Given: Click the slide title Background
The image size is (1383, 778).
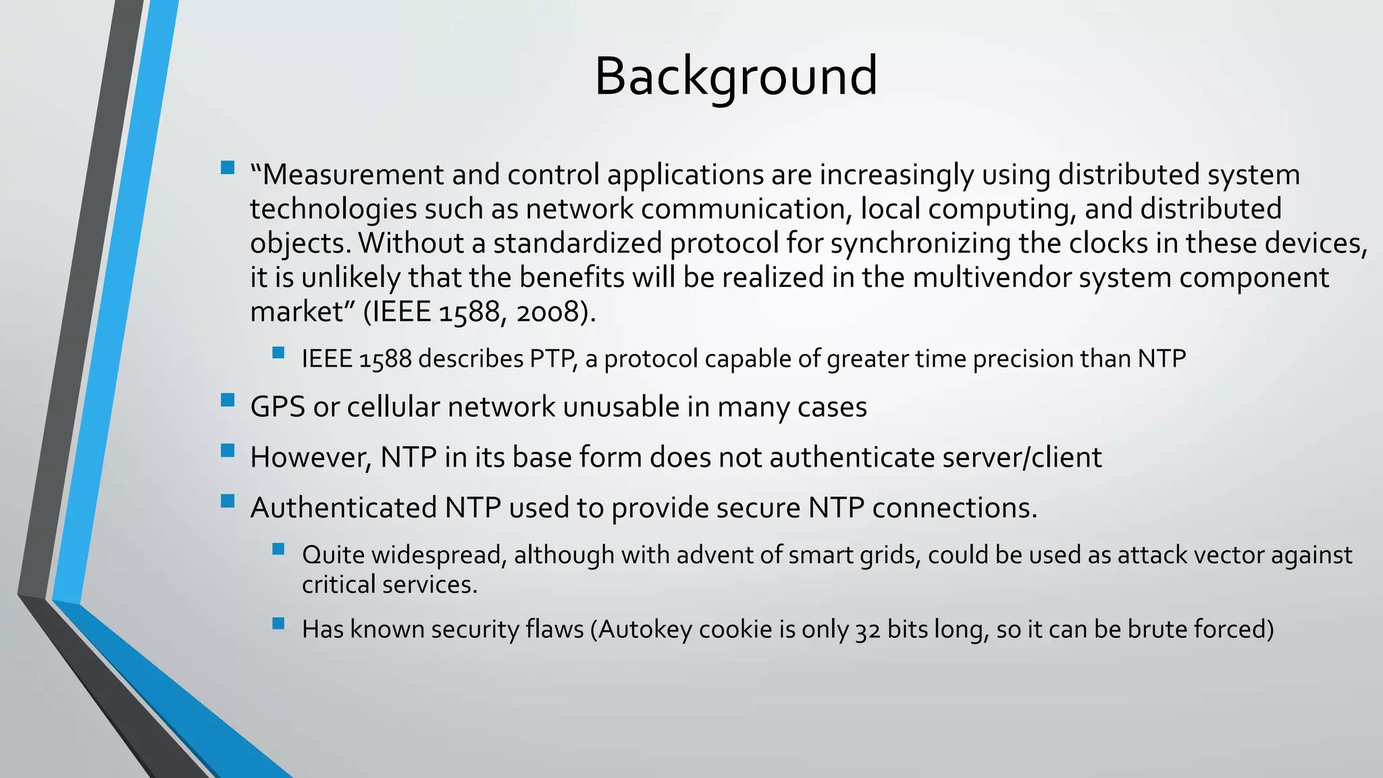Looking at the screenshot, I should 735,76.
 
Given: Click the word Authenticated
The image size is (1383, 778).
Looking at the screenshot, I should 343,508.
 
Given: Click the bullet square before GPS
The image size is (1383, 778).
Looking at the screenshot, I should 228,400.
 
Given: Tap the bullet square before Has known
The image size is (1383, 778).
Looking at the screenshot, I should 278,623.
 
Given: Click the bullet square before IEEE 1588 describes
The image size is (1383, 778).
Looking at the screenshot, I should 278,353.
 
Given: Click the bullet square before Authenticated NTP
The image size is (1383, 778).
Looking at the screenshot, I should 228,501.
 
